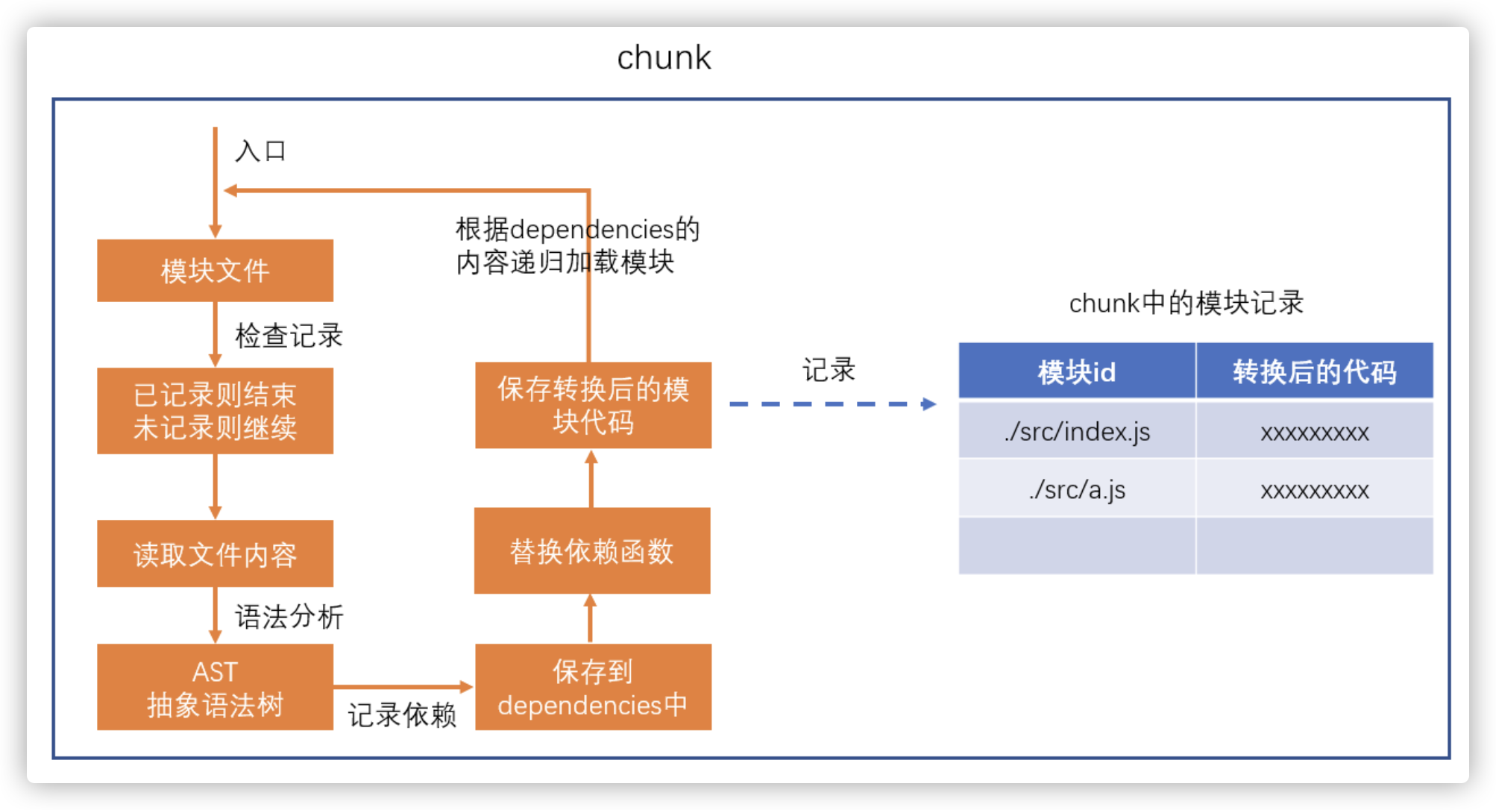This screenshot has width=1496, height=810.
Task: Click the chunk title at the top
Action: (664, 58)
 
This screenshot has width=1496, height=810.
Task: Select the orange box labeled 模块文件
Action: (215, 271)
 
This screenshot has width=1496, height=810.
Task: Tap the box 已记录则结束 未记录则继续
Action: (215, 411)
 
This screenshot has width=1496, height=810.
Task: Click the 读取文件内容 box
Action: (215, 554)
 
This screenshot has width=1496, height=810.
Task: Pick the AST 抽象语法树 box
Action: (215, 687)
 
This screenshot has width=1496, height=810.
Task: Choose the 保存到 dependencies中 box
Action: (593, 687)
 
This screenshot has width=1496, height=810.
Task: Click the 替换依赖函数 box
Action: (592, 551)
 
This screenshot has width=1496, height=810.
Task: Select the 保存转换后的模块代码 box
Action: (593, 405)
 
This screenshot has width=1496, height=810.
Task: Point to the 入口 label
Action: (260, 151)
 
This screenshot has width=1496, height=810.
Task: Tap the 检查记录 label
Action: (289, 336)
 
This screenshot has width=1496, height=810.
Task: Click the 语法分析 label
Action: (289, 617)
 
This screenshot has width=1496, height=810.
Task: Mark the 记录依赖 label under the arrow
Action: (402, 715)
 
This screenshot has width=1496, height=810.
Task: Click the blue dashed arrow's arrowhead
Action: (928, 404)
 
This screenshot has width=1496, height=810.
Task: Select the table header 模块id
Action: (1077, 371)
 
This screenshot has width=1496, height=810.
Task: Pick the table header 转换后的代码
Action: (1314, 371)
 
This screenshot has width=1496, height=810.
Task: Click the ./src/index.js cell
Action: (1077, 431)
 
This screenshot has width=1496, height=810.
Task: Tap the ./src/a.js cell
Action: (1077, 489)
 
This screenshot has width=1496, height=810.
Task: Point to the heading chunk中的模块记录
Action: (1186, 303)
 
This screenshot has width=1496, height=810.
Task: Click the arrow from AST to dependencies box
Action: (403, 686)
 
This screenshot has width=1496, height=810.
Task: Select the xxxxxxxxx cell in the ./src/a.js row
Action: (1314, 490)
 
